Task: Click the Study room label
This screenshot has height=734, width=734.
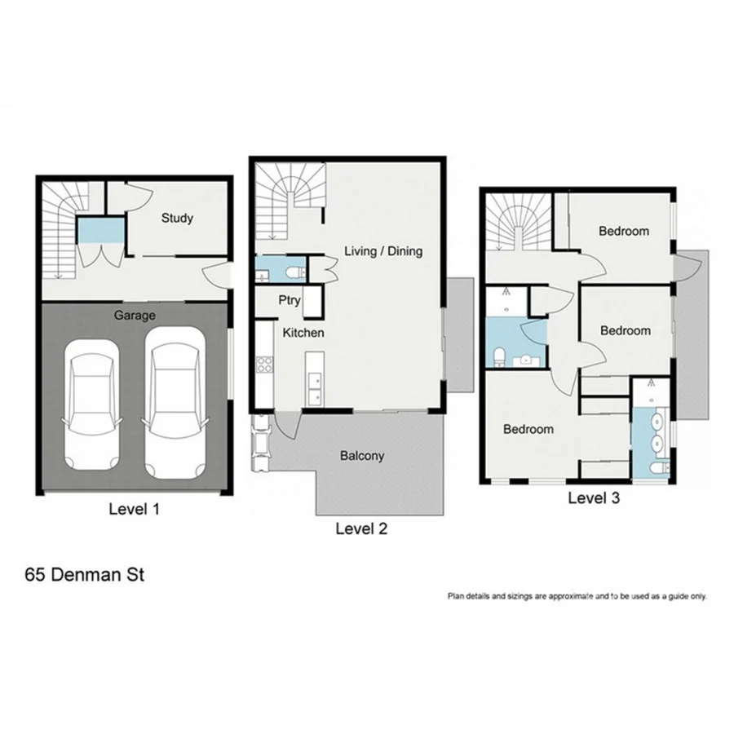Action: pos(177,218)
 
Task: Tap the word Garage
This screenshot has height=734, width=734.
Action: pos(135,314)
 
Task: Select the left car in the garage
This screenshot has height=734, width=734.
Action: pos(89,405)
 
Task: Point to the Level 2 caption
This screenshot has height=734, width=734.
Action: pos(361,528)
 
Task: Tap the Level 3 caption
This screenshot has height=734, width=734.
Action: pos(594,498)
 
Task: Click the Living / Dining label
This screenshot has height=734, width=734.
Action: pos(383,250)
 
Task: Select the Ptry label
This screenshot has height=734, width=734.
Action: pos(290,300)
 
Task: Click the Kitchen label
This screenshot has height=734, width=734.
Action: pos(303,333)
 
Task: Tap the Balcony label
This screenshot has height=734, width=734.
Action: pos(361,456)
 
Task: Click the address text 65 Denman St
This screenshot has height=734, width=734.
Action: pos(85,575)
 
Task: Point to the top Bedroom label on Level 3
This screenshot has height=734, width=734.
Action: pos(624,231)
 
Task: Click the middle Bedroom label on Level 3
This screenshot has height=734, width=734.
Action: pos(626,330)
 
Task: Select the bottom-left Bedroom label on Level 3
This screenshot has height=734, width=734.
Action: pos(528,429)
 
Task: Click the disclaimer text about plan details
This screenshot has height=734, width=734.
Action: pos(577,596)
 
